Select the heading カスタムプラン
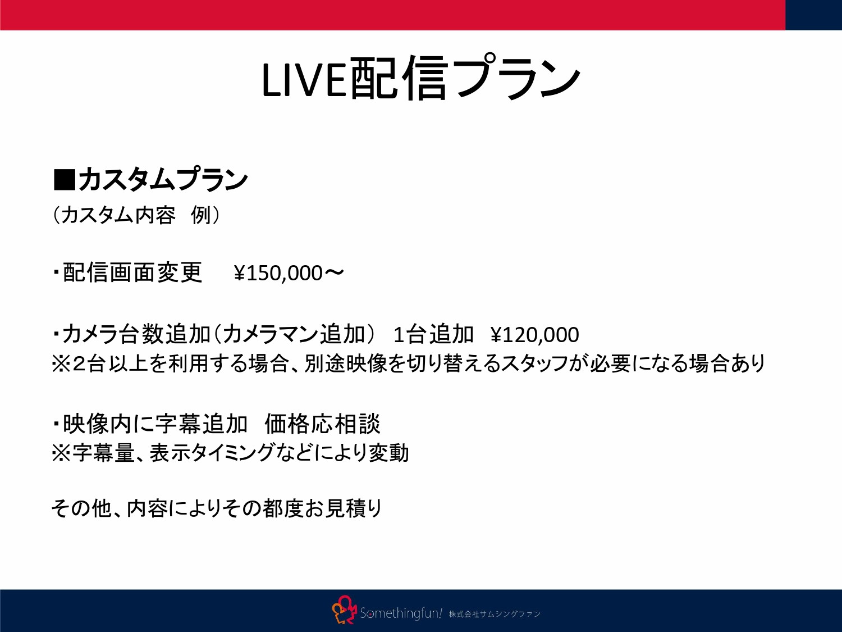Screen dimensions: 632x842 point(163,180)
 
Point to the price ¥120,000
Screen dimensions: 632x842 point(534,335)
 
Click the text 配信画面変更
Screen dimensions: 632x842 point(132,273)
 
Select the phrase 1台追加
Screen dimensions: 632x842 point(433,335)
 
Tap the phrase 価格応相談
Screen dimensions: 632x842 point(322,424)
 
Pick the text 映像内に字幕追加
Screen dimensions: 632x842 point(155,424)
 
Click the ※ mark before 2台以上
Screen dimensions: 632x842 point(61,364)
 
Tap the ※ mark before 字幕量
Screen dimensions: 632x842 point(61,453)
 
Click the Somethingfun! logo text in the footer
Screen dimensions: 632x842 point(401,613)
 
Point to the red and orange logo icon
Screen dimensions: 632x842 point(344,610)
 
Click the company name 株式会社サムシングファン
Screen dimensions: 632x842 point(495,614)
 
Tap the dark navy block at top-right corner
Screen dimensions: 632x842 point(813,15)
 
